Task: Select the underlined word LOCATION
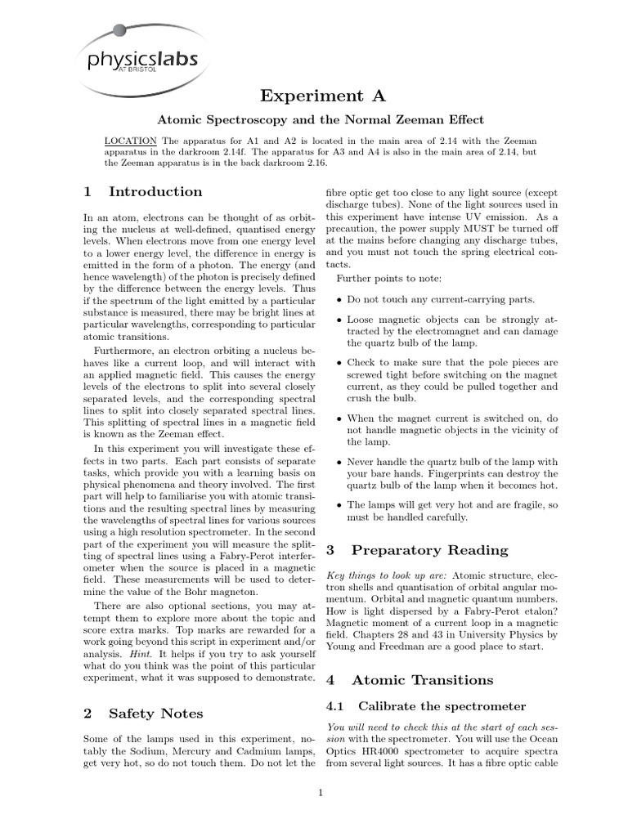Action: [x=131, y=141]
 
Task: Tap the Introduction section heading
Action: [x=144, y=192]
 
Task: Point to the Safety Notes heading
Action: [x=143, y=714]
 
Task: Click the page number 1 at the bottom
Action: [x=321, y=793]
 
